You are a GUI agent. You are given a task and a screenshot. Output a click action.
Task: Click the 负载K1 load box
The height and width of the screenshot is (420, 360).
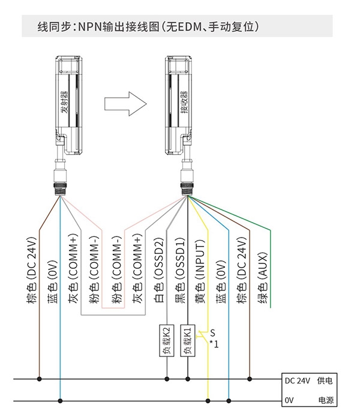point(187,340)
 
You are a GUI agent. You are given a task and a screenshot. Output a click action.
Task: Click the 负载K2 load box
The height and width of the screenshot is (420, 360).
point(167,340)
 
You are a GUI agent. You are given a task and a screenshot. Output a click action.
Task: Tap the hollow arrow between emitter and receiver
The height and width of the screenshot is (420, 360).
point(125,104)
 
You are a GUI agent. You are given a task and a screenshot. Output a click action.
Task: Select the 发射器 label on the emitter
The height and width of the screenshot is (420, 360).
point(65,102)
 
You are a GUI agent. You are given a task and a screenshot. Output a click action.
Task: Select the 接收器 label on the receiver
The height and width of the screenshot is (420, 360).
point(184,102)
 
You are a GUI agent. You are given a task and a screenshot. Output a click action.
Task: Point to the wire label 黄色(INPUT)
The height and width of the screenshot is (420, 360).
point(200,271)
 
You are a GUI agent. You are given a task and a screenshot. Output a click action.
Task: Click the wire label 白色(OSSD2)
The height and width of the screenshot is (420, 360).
point(158,271)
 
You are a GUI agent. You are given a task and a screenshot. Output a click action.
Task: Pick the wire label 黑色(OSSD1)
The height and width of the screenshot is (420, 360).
point(179,271)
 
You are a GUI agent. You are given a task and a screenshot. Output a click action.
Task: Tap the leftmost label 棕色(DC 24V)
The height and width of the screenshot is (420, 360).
point(31,271)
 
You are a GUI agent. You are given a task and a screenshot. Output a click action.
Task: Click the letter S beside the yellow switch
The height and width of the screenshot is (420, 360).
point(212,333)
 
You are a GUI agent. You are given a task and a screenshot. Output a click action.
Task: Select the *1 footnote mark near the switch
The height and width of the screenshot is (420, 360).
point(214,344)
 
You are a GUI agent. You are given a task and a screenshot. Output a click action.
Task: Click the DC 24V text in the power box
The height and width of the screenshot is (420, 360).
point(298,380)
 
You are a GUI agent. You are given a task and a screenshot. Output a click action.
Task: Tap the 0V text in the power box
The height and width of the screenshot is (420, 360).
point(289,400)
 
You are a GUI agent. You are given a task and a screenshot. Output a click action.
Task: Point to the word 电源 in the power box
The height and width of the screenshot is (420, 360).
point(326,400)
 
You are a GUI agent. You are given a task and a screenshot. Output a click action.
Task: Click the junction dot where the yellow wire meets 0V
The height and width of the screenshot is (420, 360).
point(208,401)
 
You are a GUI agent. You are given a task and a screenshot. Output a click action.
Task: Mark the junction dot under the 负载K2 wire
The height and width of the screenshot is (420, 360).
point(167,379)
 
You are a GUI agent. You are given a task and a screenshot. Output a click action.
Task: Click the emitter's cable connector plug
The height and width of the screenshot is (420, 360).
point(61,178)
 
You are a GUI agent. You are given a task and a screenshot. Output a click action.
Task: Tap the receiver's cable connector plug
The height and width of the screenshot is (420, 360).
point(187,178)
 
